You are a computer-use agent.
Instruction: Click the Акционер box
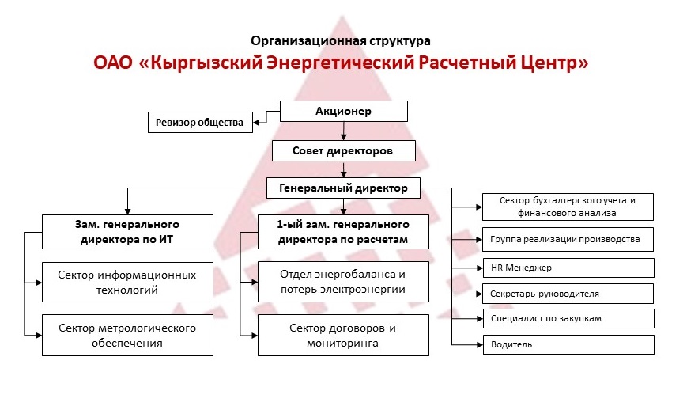tap(343, 112)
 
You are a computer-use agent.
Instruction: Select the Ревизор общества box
tap(200, 123)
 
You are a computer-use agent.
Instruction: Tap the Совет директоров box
tap(343, 151)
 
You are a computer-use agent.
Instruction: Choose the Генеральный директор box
tap(343, 188)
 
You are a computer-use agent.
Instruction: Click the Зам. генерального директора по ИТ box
tap(127, 232)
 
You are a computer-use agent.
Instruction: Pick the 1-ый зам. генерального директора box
tap(343, 232)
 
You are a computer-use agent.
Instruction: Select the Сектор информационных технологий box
tap(127, 283)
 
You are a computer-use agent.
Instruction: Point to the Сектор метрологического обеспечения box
tap(127, 336)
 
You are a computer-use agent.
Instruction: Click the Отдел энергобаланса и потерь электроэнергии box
tap(343, 282)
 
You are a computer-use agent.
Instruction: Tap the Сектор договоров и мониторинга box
tap(343, 336)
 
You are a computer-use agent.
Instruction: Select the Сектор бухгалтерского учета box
tap(568, 207)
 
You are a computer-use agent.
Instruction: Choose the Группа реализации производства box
tap(568, 239)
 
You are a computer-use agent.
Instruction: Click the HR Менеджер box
tap(568, 268)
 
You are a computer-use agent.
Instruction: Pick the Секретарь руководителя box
tap(568, 294)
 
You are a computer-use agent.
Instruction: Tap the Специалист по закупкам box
tap(568, 319)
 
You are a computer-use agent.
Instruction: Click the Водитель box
tap(568, 344)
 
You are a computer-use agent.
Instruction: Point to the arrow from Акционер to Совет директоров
tap(343, 131)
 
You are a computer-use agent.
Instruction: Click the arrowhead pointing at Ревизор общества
tap(257, 123)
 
